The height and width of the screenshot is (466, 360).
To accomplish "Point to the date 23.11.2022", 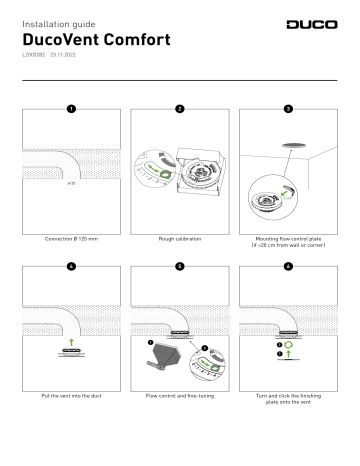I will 66,60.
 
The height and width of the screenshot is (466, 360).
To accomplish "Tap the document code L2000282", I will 33,60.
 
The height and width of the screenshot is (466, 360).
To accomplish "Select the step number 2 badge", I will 179,107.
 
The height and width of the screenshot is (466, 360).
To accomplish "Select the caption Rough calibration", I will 179,241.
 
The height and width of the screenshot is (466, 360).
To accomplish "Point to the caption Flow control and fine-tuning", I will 179,397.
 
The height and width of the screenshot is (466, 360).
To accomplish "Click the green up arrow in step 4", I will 70,340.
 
